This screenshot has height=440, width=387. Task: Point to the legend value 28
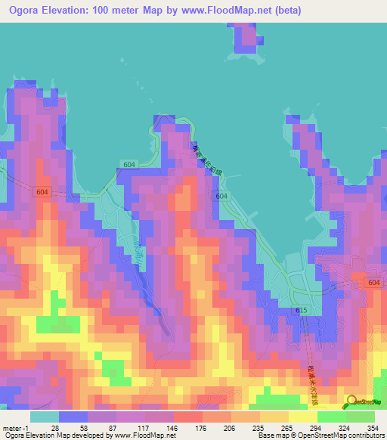tap(55, 428)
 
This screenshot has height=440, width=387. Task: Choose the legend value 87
tap(113, 428)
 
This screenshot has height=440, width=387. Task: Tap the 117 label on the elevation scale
tap(143, 428)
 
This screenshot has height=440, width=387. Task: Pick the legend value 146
tap(172, 428)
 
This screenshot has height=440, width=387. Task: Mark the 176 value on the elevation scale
tap(201, 428)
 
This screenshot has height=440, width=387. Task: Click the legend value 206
tap(230, 428)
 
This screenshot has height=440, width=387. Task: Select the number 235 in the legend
tap(259, 428)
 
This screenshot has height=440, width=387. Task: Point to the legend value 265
tap(288, 428)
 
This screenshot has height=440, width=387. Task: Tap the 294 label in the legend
tap(317, 428)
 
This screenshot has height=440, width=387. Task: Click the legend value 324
tap(346, 428)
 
